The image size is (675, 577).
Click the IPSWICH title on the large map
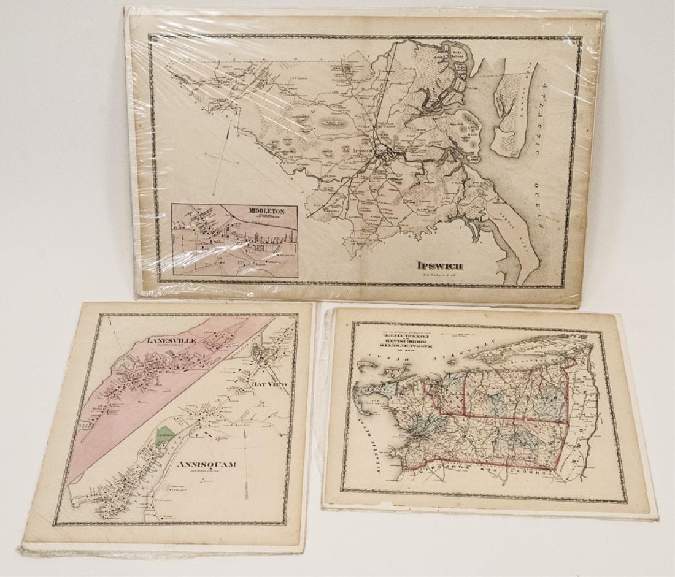click(x=439, y=266)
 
